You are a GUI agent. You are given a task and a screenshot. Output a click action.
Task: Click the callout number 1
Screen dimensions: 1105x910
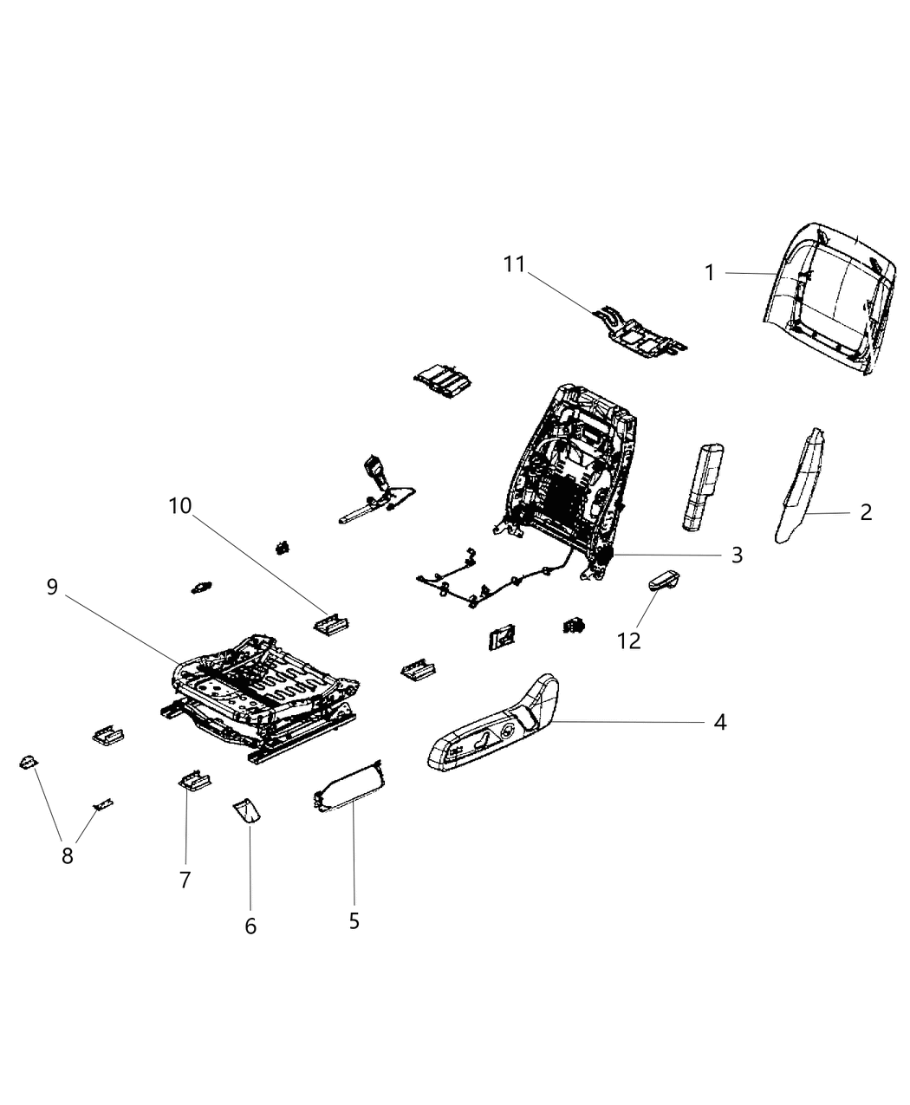710,273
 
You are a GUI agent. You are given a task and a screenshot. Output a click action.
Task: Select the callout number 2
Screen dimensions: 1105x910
866,512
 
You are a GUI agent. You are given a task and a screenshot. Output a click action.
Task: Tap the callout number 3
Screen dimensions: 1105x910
736,555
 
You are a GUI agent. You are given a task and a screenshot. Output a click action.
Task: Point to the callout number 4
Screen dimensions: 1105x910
719,721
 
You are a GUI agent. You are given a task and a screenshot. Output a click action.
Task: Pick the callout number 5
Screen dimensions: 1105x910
354,920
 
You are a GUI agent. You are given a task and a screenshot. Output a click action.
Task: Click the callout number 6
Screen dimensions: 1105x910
250,926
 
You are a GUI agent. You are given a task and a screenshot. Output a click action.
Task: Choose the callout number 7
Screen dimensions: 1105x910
185,880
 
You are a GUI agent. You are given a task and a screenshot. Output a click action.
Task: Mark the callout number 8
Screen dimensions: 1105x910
68,855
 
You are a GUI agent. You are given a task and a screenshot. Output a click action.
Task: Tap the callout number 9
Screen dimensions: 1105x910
52,588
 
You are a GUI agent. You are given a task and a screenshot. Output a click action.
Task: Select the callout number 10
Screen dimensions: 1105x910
180,505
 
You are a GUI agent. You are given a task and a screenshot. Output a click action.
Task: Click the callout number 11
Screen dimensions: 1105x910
515,263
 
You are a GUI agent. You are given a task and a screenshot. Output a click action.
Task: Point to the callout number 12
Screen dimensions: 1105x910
629,640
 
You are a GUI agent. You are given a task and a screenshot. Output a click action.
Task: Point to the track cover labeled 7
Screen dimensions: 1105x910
195,779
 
